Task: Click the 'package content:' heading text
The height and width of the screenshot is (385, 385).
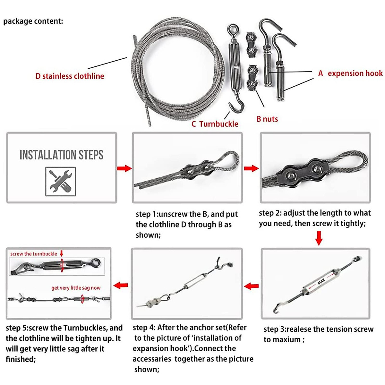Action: (x=33, y=21)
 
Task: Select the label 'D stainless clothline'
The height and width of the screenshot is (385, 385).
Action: (x=70, y=76)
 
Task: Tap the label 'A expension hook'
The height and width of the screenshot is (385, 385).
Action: (x=350, y=73)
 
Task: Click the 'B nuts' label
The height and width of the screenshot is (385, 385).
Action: (x=267, y=119)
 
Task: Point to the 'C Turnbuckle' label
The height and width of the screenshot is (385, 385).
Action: (x=215, y=124)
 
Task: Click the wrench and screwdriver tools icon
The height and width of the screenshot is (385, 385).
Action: (x=61, y=181)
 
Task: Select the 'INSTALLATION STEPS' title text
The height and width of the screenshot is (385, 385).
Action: (x=61, y=155)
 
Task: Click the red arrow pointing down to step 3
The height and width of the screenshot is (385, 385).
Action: (x=319, y=238)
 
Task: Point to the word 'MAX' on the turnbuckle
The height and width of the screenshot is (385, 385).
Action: (x=321, y=282)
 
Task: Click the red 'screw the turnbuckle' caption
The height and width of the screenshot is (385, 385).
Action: (x=34, y=254)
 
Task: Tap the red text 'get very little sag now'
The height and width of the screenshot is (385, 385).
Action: (x=76, y=288)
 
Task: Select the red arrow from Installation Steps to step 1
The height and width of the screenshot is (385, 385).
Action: (x=124, y=168)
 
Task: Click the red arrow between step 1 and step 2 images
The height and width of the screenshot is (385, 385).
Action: (x=251, y=168)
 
